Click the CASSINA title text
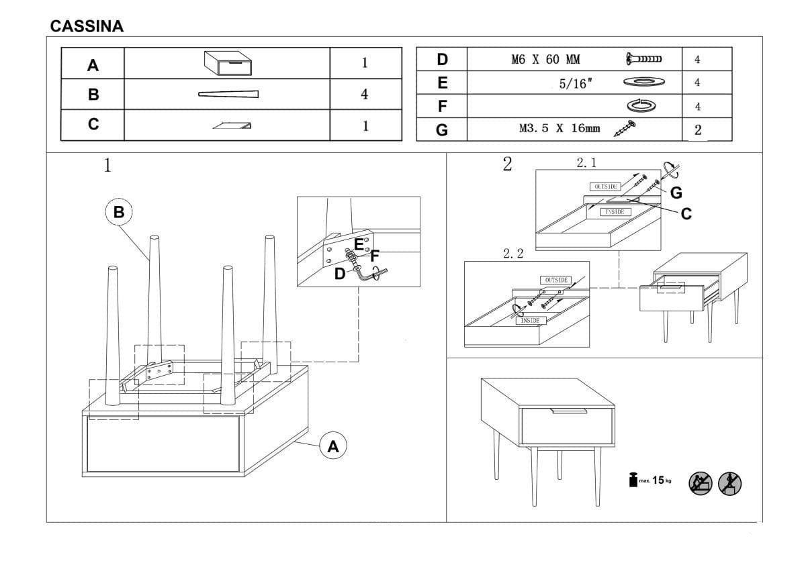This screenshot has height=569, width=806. pos(87,26)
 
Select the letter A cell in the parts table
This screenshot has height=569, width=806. pos(93,65)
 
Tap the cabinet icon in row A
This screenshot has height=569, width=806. pos(228,63)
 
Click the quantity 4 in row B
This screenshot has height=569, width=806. pos(364,95)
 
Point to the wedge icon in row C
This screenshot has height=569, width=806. pos(232,125)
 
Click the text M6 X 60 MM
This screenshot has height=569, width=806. pos(545,60)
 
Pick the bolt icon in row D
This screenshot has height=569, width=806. pos(643,60)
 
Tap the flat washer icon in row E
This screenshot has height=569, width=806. pos(643,83)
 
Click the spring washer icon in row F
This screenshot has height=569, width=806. pos(641,105)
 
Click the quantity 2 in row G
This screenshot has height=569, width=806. pos(698,130)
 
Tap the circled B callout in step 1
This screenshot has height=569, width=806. pos(119,213)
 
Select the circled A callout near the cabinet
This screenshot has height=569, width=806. pos(333,446)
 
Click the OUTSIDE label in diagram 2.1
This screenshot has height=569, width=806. pos(605,186)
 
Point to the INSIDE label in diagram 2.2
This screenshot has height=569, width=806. pos(530,321)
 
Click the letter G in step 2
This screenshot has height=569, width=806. pos(676,193)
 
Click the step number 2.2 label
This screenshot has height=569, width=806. pos(512,254)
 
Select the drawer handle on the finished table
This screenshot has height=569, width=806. pos(568,411)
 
